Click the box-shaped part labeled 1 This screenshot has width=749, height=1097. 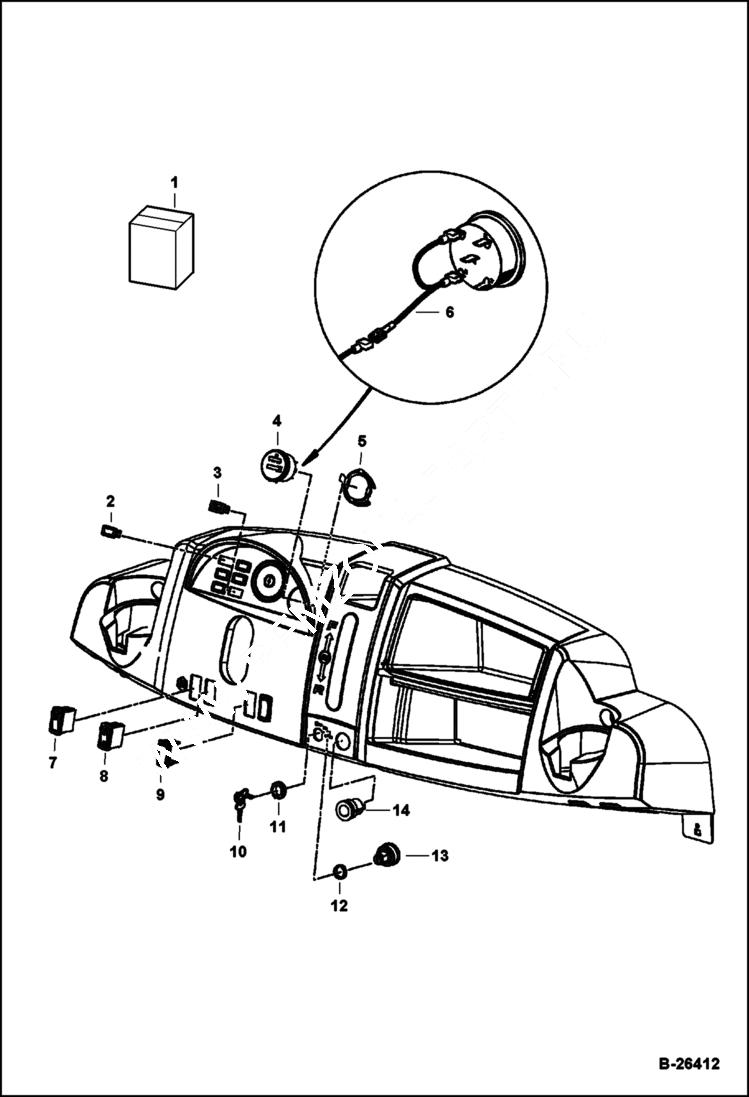161,248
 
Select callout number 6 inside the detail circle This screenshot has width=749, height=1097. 449,312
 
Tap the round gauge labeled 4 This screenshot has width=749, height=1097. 276,465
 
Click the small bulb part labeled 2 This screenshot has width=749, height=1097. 111,531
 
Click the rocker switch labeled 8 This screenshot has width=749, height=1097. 110,737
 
